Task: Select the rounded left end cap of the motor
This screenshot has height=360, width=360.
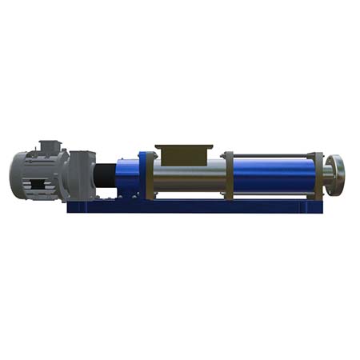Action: (x=16, y=173)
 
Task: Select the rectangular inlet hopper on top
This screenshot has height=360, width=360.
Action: (x=182, y=152)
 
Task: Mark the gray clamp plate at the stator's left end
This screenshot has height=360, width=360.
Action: (x=228, y=174)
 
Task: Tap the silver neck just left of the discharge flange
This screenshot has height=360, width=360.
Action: (x=329, y=170)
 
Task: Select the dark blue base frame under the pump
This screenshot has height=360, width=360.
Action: (x=192, y=206)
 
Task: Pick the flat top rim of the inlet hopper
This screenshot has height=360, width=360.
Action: (x=182, y=146)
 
